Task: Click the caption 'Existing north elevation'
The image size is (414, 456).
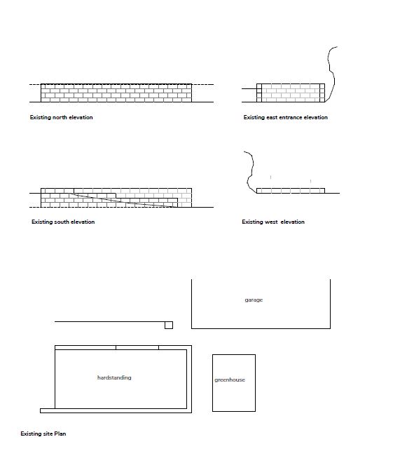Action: pyautogui.click(x=61, y=117)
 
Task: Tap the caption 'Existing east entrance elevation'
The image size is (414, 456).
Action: pyautogui.click(x=285, y=117)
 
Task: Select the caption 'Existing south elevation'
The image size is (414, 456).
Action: pyautogui.click(x=63, y=222)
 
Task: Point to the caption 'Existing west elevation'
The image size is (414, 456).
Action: pyautogui.click(x=273, y=222)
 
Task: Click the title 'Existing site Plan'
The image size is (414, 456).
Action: pyautogui.click(x=43, y=434)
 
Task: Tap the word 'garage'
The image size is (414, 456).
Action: pyautogui.click(x=254, y=300)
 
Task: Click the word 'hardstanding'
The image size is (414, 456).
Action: pyautogui.click(x=114, y=377)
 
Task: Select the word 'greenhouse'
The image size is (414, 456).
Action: pyautogui.click(x=230, y=380)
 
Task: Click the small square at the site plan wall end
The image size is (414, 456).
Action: pyautogui.click(x=169, y=325)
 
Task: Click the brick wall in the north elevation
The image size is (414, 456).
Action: pyautogui.click(x=116, y=93)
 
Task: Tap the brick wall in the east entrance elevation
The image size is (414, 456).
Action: pyautogui.click(x=291, y=93)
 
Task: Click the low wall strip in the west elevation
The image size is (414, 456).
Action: pyautogui.click(x=291, y=191)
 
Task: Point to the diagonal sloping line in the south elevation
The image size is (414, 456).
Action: pyautogui.click(x=123, y=200)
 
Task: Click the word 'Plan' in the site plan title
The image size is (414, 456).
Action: pyautogui.click(x=60, y=434)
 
